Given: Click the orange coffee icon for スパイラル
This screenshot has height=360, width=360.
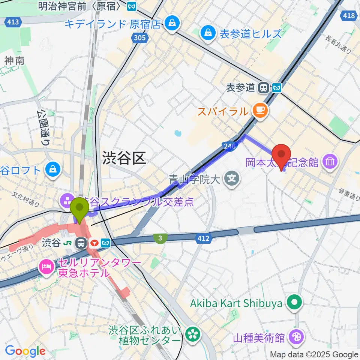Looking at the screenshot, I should [260, 110].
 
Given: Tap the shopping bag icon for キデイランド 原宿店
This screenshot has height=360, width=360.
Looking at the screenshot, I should [172, 23].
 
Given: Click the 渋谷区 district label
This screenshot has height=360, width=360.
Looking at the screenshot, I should [123, 159].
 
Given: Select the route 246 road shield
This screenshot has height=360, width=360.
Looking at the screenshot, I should [229, 147].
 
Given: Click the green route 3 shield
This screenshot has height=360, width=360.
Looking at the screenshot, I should [160, 238].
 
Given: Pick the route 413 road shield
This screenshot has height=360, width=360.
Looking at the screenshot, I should [12, 22].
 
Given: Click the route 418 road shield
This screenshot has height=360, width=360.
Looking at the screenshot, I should [349, 15].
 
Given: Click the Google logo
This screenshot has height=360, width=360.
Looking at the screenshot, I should [25, 351].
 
